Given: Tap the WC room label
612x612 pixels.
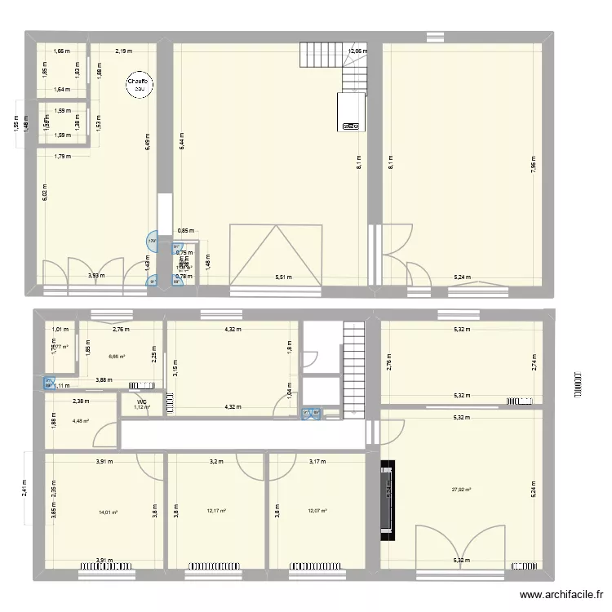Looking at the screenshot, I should [142, 401].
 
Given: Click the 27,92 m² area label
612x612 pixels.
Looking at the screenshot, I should [462, 490].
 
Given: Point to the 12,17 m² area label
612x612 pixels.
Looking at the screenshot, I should [216, 512].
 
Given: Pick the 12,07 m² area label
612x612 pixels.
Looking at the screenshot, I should [317, 512].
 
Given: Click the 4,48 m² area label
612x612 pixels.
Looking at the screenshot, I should [80, 421].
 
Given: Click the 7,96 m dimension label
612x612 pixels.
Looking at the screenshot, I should [533, 161].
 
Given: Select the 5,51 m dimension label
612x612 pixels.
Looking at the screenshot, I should [282, 278].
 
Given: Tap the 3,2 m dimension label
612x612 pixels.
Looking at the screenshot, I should [215, 462].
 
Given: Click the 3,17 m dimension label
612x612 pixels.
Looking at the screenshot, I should [317, 462].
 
